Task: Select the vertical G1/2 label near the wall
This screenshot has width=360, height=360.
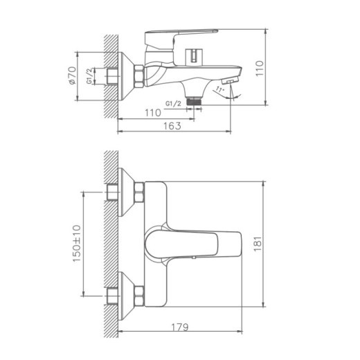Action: tap(90, 76)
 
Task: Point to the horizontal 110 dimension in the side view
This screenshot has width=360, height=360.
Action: tap(152, 112)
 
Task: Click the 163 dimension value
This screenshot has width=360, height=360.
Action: tap(172, 125)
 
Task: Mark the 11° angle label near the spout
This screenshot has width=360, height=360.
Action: tap(220, 89)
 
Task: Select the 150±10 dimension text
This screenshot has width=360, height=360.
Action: tap(77, 244)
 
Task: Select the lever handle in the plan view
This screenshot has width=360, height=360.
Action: tap(194, 244)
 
